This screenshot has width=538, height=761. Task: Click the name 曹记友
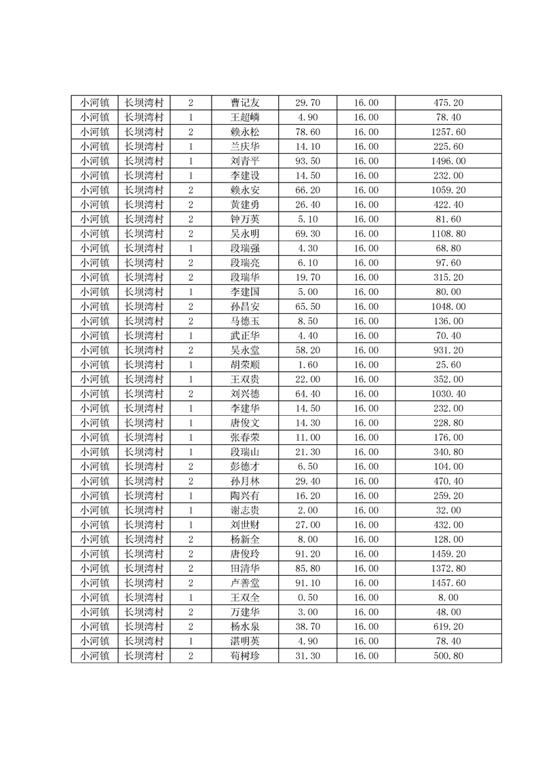click(x=245, y=103)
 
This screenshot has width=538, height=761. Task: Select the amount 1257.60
click(x=448, y=132)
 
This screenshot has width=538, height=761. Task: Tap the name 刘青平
click(x=245, y=161)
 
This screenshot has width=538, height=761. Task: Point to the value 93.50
click(x=307, y=161)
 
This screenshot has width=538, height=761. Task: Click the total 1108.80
click(x=448, y=234)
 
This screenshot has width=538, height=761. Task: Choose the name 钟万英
click(x=245, y=219)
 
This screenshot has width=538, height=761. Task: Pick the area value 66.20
click(x=307, y=191)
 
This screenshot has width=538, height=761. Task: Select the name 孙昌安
click(x=245, y=307)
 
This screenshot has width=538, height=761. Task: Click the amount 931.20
click(x=448, y=350)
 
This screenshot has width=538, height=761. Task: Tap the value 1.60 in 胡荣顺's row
click(x=307, y=365)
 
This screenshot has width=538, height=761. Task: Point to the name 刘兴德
click(x=245, y=394)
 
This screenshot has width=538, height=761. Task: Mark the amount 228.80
click(x=448, y=423)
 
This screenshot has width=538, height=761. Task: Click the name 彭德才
click(x=245, y=467)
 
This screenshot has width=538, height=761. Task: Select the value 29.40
click(x=307, y=481)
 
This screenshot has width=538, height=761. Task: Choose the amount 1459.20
click(x=448, y=553)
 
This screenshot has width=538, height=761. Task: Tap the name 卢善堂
click(x=245, y=583)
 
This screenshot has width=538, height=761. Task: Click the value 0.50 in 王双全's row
click(x=307, y=598)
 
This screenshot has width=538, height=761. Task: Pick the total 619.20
click(x=448, y=627)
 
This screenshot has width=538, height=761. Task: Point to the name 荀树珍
click(x=245, y=656)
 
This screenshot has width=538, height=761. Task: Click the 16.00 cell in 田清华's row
click(x=366, y=568)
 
